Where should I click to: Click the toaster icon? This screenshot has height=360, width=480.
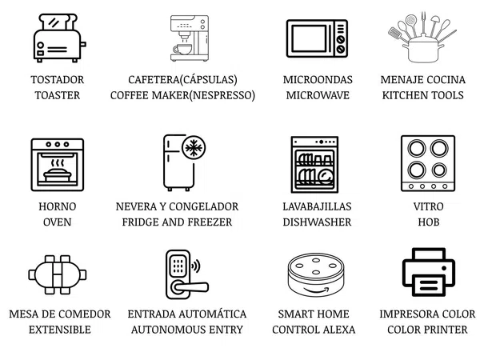tap(59, 38)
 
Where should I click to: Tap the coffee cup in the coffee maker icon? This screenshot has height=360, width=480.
tap(182, 49)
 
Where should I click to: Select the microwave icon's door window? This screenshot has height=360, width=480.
tap(309, 38)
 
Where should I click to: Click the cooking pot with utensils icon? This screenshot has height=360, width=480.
tap(422, 37)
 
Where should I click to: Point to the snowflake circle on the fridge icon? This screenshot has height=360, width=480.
tap(194, 148)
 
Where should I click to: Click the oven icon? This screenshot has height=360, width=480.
tap(58, 165)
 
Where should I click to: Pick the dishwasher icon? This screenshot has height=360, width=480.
tap(314, 164)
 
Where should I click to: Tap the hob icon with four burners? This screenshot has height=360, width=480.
tap(428, 163)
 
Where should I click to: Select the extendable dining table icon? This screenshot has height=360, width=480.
tap(58, 274)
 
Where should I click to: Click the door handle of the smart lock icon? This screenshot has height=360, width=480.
tap(190, 287)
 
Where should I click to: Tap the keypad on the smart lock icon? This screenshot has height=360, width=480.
tap(178, 266)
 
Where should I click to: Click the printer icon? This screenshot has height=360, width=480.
tap(428, 272)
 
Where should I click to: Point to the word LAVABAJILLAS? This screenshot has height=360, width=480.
tap(317, 206)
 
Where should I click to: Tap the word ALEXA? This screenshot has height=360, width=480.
tap(339, 330)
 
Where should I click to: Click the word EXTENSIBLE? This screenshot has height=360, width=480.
tap(60, 330)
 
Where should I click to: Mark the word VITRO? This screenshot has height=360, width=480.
tap(428, 206)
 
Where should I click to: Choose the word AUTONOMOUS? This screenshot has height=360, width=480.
tap(168, 330)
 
